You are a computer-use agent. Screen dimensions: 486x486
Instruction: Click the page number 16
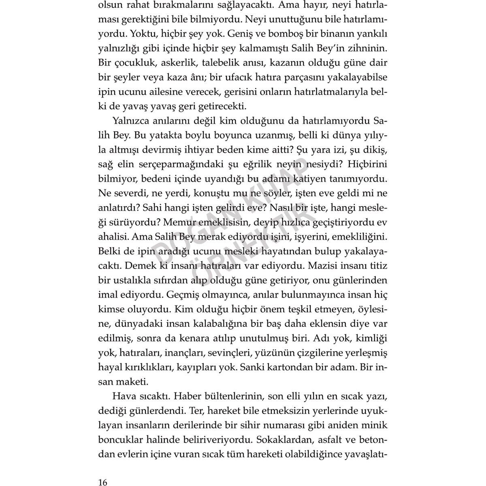(102, 471)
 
